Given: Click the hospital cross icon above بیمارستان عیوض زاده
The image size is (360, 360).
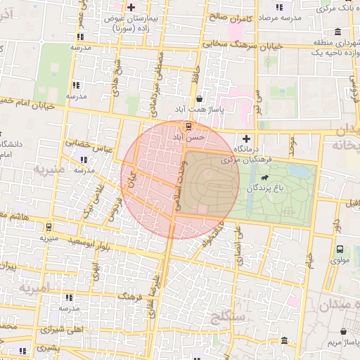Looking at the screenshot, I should pos(131,7).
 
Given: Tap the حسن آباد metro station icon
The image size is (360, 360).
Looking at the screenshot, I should pos(187,127).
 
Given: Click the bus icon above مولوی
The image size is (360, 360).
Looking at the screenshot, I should pos(340,250).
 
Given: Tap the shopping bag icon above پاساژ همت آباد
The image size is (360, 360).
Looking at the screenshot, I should pos(201,99).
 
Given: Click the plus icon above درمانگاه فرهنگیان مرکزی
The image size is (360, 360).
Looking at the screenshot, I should pos(246,138).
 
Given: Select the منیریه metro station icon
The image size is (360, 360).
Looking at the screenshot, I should pos(48,226).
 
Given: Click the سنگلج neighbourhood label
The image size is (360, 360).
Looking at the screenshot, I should pos(224,320).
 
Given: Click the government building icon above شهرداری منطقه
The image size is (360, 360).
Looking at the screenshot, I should pos(338,31).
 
